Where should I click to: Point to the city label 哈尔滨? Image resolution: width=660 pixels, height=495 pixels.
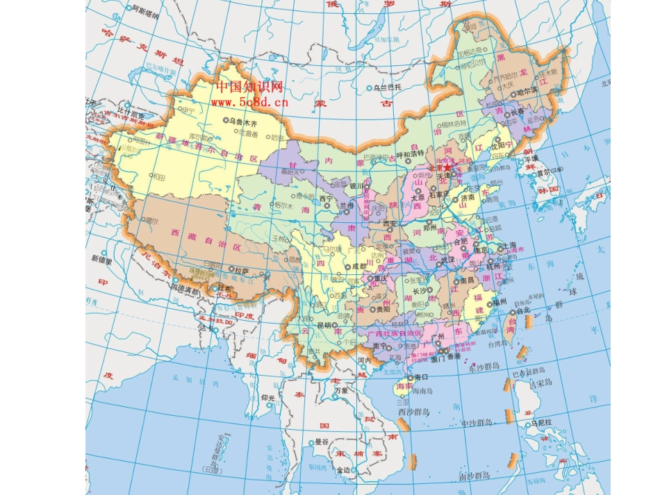tap(528, 91)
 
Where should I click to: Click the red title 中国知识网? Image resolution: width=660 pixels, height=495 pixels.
tap(249, 86)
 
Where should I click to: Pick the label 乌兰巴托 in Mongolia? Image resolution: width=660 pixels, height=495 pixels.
tap(387, 87)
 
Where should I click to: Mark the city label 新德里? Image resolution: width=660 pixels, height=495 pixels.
tap(102, 258)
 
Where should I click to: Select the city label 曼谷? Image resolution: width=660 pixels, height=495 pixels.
tap(321, 441)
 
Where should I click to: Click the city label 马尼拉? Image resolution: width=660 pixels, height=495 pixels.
tap(541, 421)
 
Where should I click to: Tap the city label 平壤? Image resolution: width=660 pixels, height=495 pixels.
tap(531, 158)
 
